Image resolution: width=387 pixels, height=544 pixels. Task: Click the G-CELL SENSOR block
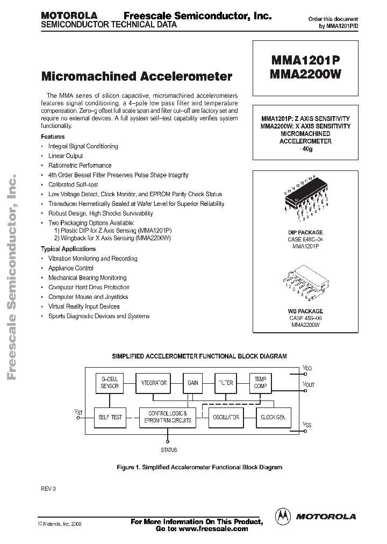pyautogui.click(x=110, y=383)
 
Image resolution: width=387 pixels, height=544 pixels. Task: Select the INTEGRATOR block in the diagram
pyautogui.click(x=153, y=383)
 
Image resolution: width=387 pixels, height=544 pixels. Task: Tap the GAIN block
pyautogui.click(x=192, y=383)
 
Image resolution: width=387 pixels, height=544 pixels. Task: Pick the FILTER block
pyautogui.click(x=226, y=383)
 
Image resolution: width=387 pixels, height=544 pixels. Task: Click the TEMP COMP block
pyautogui.click(x=261, y=383)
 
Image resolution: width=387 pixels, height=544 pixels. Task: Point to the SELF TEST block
pyautogui.click(x=110, y=417)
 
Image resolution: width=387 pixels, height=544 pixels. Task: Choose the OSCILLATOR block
pyautogui.click(x=226, y=417)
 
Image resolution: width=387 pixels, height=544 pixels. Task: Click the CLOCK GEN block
pyautogui.click(x=273, y=417)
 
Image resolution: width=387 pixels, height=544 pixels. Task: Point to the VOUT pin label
pyautogui.click(x=309, y=384)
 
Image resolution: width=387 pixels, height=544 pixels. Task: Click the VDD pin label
pyautogui.click(x=307, y=368)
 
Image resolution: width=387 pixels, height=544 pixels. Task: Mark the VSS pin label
pyautogui.click(x=307, y=425)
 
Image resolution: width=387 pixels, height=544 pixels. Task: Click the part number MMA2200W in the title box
pyautogui.click(x=304, y=75)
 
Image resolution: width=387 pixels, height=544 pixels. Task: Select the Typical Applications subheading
pyautogui.click(x=68, y=249)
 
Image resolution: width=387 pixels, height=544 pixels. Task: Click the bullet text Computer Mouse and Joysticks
pyautogui.click(x=88, y=297)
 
